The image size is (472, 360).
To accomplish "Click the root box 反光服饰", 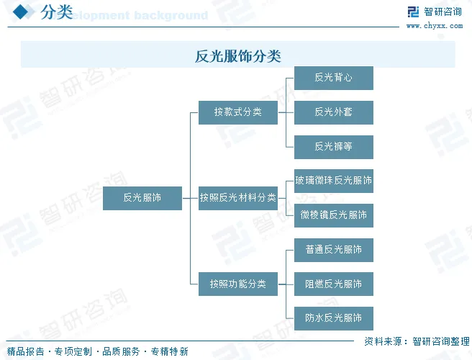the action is pyautogui.click(x=142, y=197).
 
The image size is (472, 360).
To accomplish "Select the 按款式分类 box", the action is pyautogui.click(x=237, y=112).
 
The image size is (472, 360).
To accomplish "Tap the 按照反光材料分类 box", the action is pyautogui.click(x=237, y=197).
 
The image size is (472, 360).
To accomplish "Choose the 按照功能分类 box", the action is pyautogui.click(x=237, y=284).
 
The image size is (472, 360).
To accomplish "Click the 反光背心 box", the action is pyautogui.click(x=333, y=78).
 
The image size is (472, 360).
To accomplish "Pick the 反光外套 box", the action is pyautogui.click(x=333, y=112).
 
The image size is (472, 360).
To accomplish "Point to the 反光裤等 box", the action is pyautogui.click(x=333, y=146).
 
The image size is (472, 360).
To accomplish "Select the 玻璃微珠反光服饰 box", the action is pyautogui.click(x=333, y=181).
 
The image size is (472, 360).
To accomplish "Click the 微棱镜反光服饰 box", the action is pyautogui.click(x=333, y=215).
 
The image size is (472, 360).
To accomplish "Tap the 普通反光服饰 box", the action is pyautogui.click(x=333, y=250).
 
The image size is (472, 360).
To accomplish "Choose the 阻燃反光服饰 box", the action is pyautogui.click(x=333, y=284).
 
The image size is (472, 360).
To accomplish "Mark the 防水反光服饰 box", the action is pyautogui.click(x=333, y=318).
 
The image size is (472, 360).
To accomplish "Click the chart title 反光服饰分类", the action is pyautogui.click(x=237, y=55).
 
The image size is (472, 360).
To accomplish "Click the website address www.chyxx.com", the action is pyautogui.click(x=434, y=26).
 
